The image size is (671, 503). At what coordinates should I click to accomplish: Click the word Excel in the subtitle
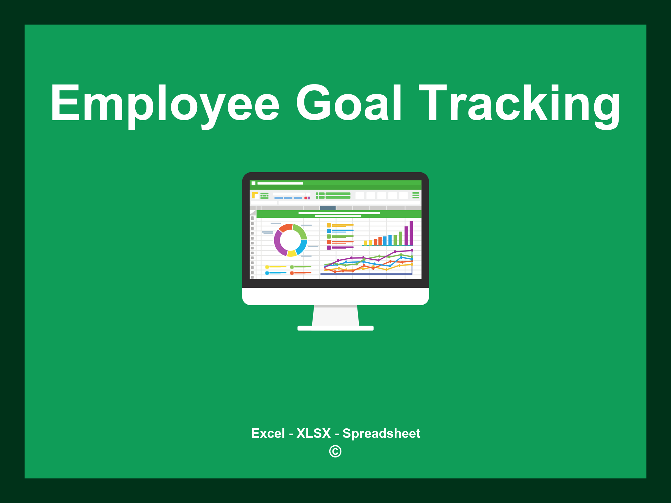(268, 433)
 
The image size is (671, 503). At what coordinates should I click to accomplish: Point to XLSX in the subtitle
(314, 433)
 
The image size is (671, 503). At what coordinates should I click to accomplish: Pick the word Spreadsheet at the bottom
(381, 433)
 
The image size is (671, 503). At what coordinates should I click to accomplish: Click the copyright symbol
(335, 451)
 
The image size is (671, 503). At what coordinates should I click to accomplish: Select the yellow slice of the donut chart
(292, 253)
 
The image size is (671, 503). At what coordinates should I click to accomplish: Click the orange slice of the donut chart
(285, 228)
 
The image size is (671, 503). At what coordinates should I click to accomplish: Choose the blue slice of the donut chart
(302, 247)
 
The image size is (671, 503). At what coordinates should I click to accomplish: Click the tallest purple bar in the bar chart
(411, 233)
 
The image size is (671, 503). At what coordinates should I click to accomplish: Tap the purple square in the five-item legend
(329, 248)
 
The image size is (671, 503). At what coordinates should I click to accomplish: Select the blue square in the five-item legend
(329, 231)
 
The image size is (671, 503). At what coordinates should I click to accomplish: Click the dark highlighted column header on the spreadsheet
(328, 208)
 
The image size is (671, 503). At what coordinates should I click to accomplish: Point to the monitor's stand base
(335, 328)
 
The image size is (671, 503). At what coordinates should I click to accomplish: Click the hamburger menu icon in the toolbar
(416, 195)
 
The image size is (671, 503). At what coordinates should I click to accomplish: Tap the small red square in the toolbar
(306, 198)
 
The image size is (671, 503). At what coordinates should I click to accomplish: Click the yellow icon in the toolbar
(255, 195)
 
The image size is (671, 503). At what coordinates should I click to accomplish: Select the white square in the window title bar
(253, 183)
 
